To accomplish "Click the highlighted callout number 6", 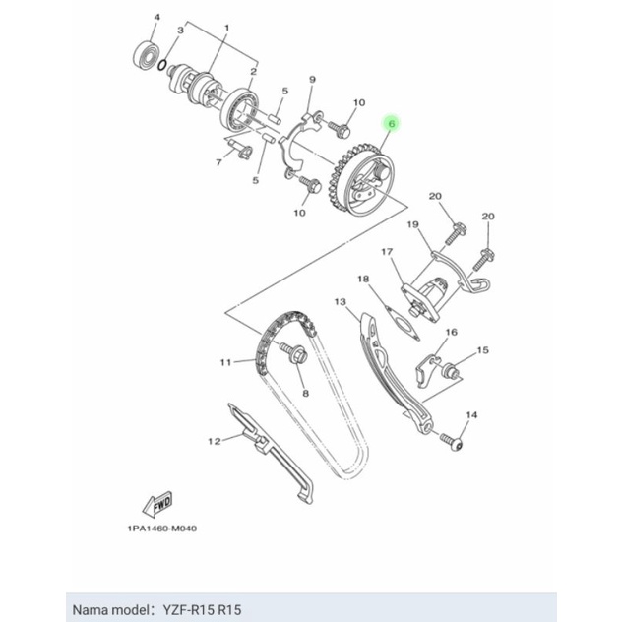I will pyautogui.click(x=392, y=125).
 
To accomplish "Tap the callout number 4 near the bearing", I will pyautogui.click(x=153, y=19).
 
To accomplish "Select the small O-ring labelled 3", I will pyautogui.click(x=172, y=65).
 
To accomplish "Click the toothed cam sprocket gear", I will pyautogui.click(x=366, y=182).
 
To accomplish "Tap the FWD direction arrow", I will pyautogui.click(x=159, y=504).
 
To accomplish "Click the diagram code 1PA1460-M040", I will pyautogui.click(x=161, y=529).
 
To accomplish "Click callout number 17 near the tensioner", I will pyautogui.click(x=387, y=252).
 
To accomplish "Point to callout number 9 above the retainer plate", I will pyautogui.click(x=311, y=78).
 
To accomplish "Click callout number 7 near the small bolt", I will pyautogui.click(x=218, y=161).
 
